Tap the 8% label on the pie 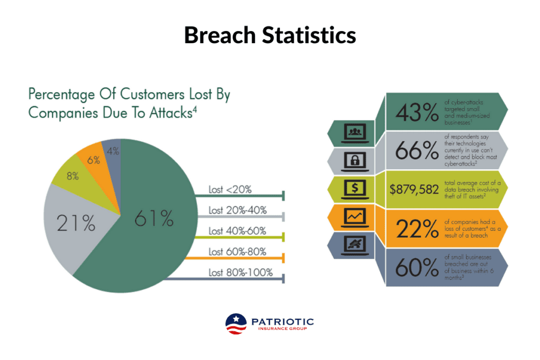tap(73, 176)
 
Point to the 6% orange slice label tap(94, 160)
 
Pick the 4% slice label tap(113, 151)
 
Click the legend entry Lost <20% tap(230, 190)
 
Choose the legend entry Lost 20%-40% tap(238, 210)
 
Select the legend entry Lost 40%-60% tap(237, 231)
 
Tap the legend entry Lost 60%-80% tap(237, 251)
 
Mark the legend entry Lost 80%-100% tap(240, 273)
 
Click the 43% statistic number tap(417, 113)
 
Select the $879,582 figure tap(414, 190)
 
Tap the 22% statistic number tap(417, 229)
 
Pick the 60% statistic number tap(417, 267)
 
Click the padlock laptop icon tap(355, 161)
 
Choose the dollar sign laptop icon tap(355, 189)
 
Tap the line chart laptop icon tap(355, 218)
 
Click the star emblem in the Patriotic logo tap(236, 319)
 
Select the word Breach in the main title tap(220, 35)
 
